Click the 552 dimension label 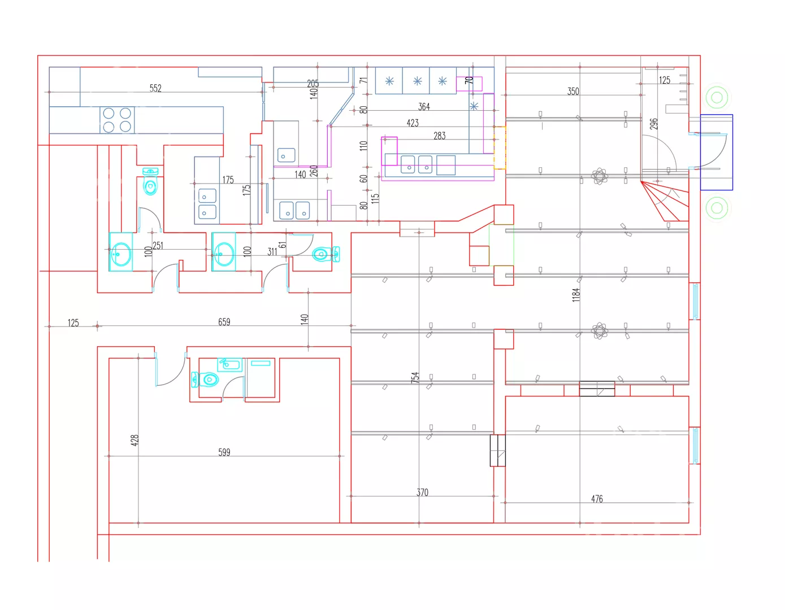point(155,88)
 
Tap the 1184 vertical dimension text point(576,295)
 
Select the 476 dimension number point(597,499)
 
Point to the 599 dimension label point(224,452)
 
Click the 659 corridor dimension point(224,321)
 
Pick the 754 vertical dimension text point(415,377)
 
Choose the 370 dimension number point(422,493)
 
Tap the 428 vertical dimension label point(135,441)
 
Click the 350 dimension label point(573,91)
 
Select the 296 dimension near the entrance point(653,124)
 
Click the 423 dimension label point(412,123)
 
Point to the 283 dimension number point(439,136)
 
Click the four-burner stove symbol point(117,120)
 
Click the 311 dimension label point(272,251)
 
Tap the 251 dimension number point(158,246)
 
